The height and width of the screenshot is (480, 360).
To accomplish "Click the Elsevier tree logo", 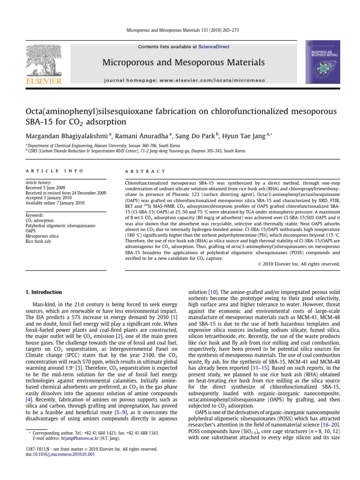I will (44, 61).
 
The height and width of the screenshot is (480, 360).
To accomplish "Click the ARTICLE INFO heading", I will (54, 172).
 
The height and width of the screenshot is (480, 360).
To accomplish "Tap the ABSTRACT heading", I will (146, 172).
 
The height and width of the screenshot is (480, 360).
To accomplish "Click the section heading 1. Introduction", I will (43, 292).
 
